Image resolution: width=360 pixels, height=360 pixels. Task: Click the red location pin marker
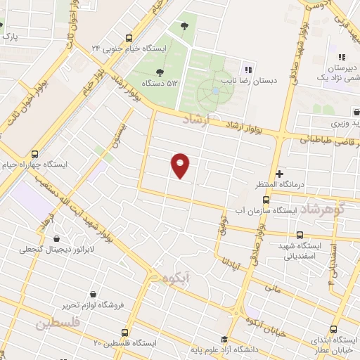tap(181, 165)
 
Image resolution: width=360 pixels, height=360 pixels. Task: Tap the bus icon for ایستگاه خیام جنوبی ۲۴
tap(129, 38)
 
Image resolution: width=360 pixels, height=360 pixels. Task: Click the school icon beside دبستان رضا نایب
tap(247, 70)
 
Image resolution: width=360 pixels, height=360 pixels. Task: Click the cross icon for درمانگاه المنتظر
tap(279, 173)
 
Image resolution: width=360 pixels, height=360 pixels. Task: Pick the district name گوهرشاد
tap(328, 209)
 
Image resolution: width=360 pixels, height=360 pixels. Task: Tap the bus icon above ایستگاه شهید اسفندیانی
tap(300, 235)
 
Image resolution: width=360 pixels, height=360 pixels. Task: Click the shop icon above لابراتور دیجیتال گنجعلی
tap(57, 238)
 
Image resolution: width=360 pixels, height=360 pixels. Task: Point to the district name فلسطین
tap(58, 323)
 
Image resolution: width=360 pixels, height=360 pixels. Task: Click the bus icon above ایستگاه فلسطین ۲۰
tap(125, 332)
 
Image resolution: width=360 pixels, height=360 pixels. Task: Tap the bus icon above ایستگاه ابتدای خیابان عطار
tap(334, 328)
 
